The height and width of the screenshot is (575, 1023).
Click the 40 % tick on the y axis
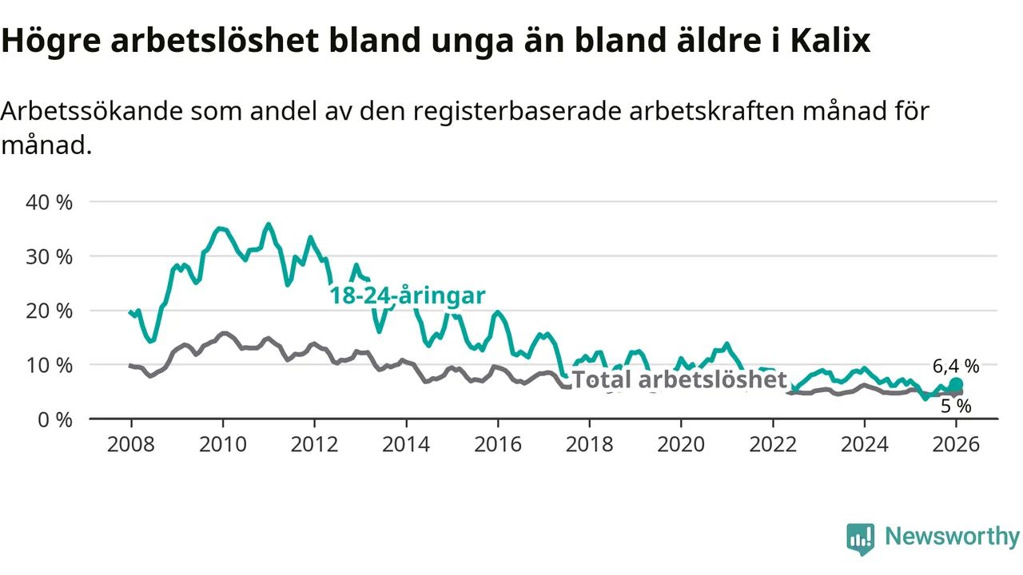49,202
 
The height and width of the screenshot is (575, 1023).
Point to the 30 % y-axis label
49,256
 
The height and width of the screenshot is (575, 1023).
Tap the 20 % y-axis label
49,311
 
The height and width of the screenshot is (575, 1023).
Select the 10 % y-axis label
49,365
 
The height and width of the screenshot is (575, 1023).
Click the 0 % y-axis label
55,419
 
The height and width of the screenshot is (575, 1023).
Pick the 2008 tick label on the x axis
130,445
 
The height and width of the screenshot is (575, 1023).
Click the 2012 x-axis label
314,445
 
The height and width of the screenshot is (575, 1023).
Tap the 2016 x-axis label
497,445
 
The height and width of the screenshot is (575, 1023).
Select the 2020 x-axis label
681,445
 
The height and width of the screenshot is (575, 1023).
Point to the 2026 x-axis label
956,445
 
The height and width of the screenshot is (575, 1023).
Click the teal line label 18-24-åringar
408,296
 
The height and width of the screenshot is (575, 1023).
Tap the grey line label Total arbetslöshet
679,380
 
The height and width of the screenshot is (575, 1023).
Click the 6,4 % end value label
955,367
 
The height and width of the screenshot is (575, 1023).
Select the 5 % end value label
956,406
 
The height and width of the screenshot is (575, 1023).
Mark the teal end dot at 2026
956,384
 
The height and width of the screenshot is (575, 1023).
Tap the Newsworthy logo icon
860,539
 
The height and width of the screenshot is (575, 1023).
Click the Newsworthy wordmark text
952,537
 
